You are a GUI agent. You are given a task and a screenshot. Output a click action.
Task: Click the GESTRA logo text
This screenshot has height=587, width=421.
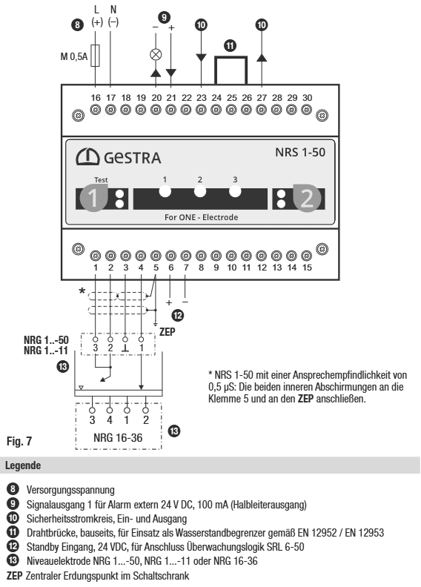point(132,158)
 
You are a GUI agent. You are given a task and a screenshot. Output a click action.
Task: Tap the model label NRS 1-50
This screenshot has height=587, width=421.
point(300,153)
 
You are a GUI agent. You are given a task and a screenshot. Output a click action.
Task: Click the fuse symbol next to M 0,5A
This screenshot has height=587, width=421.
point(96,56)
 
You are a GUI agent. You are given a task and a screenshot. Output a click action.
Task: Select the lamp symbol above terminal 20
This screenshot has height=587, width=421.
point(156,55)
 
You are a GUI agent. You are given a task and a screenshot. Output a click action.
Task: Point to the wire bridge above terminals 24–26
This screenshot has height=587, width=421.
point(231,57)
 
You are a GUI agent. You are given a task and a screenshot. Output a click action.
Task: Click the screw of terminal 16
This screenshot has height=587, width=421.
point(96,110)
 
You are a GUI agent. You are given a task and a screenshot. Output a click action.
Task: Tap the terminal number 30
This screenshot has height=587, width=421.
point(308,98)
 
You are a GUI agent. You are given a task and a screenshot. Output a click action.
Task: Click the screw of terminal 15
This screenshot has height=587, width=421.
point(307,256)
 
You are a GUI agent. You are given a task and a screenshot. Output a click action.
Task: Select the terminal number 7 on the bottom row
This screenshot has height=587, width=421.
point(186,268)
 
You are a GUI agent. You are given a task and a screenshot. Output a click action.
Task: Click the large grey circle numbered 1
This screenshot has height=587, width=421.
point(93,197)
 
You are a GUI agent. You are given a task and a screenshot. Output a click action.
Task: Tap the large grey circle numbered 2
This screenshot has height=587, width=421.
point(307,198)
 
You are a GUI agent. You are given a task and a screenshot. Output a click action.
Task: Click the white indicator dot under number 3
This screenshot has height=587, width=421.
point(235,191)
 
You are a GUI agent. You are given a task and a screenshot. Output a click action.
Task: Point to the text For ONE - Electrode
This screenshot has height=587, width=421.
point(202,217)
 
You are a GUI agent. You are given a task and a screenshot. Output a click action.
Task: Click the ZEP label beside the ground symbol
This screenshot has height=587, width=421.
point(167,332)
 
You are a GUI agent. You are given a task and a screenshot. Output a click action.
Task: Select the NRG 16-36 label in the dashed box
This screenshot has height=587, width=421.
point(118,437)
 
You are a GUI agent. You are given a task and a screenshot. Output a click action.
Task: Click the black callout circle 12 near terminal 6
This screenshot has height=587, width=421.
point(178,316)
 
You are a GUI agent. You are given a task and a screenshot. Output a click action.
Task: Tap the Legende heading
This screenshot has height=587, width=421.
point(23,465)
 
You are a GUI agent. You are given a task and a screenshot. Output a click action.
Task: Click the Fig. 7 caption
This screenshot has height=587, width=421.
point(19,441)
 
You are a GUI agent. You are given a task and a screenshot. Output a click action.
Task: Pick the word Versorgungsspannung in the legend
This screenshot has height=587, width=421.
point(70,490)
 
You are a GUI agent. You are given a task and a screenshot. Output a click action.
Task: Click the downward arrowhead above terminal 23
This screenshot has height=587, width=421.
point(202,58)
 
